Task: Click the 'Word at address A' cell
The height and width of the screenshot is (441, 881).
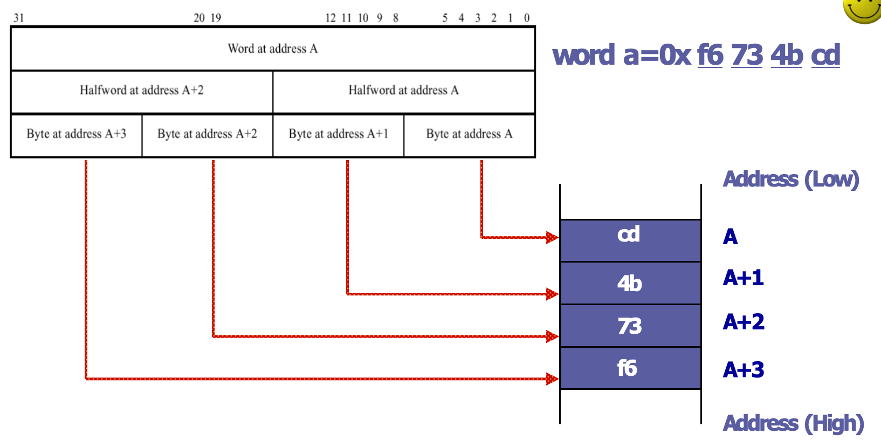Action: pyautogui.click(x=273, y=49)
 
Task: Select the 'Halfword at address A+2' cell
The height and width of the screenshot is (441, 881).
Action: pyautogui.click(x=142, y=91)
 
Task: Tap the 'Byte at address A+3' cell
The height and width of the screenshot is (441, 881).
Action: pyautogui.click(x=77, y=134)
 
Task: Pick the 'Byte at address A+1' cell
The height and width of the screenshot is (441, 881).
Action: pyautogui.click(x=339, y=134)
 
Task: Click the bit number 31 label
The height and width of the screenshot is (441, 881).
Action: pyautogui.click(x=19, y=18)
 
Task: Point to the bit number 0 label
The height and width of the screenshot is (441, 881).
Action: pyautogui.click(x=527, y=18)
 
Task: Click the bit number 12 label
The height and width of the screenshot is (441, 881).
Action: pyautogui.click(x=331, y=18)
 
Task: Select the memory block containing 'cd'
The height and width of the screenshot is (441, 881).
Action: pyautogui.click(x=630, y=240)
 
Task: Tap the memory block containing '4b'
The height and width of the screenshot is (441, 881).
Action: pyautogui.click(x=630, y=283)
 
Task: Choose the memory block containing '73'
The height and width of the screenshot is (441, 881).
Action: pyautogui.click(x=630, y=326)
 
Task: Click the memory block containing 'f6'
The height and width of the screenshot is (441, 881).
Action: pyautogui.click(x=630, y=368)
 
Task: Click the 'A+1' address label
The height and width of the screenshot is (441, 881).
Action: pyautogui.click(x=743, y=278)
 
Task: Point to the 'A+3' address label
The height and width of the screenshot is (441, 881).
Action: pyautogui.click(x=743, y=370)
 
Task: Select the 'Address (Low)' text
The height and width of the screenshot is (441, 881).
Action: pyautogui.click(x=790, y=179)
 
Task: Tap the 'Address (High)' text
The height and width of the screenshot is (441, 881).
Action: pyautogui.click(x=793, y=424)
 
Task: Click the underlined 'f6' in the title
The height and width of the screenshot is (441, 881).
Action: pyautogui.click(x=710, y=55)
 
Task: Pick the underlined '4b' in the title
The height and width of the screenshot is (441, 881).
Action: pyautogui.click(x=787, y=55)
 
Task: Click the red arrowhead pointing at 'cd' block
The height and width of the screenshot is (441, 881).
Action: pyautogui.click(x=552, y=237)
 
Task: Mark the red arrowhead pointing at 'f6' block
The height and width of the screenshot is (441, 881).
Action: pyautogui.click(x=552, y=379)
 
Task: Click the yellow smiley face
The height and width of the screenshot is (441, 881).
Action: pyautogui.click(x=863, y=9)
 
